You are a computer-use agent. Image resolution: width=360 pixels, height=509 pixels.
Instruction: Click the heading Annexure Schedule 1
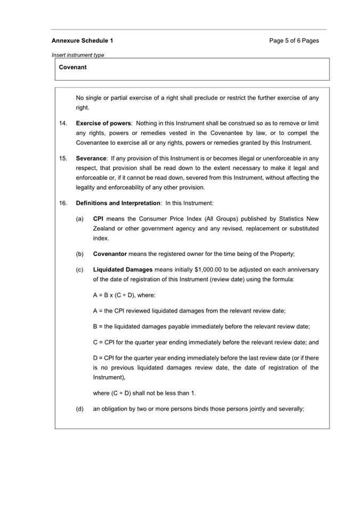click(82, 41)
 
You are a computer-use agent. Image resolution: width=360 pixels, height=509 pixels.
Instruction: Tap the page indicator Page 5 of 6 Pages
click(294, 41)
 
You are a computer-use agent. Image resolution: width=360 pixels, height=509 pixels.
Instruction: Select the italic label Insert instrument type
click(78, 54)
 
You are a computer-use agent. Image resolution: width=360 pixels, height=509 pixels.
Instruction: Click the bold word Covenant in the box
click(73, 68)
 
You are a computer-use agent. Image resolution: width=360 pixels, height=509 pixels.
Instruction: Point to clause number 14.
click(63, 123)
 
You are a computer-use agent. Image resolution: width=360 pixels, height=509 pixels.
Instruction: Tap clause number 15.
click(63, 158)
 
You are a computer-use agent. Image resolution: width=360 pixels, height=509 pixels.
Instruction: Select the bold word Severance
click(91, 158)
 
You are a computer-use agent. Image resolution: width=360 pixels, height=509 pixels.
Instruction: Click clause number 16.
click(63, 203)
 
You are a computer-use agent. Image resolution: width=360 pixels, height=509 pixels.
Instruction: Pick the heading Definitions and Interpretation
click(118, 203)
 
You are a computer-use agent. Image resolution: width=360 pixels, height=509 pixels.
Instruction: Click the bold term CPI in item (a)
click(98, 219)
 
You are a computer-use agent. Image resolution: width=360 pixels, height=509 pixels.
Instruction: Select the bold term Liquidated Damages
click(123, 269)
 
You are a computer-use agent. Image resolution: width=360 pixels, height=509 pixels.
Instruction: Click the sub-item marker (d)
click(80, 409)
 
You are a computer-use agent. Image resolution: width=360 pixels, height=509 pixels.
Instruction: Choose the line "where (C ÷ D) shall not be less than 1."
click(145, 393)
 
